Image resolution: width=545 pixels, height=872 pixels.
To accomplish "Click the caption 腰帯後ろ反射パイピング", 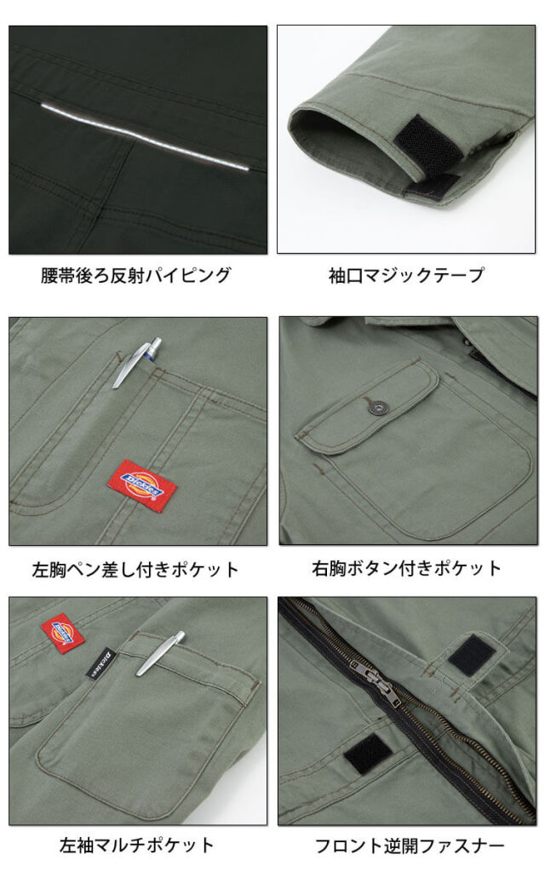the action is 135,275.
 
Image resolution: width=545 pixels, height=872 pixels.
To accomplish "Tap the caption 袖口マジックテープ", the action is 406,275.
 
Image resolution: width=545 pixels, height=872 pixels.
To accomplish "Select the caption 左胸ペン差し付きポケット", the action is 135,570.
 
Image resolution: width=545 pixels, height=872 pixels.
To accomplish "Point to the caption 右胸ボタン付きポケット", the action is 406,568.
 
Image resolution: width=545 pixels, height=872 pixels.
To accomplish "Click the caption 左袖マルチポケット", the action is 137,846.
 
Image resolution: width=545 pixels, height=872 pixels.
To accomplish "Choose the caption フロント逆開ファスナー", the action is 410,846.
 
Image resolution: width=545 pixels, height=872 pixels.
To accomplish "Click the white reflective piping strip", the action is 145,135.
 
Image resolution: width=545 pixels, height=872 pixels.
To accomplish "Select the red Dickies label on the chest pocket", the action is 142,480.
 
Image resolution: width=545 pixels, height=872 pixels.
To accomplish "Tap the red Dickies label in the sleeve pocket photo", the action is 62,634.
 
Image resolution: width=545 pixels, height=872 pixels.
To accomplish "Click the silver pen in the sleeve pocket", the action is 160,653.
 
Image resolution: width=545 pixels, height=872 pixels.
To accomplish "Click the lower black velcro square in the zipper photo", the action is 367,754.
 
